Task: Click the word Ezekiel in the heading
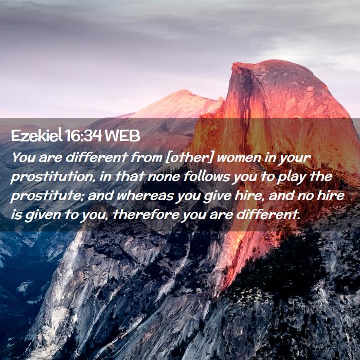tap(37, 136)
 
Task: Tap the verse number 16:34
tap(83, 136)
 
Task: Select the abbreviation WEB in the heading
tap(122, 136)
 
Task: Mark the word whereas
tap(146, 196)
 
